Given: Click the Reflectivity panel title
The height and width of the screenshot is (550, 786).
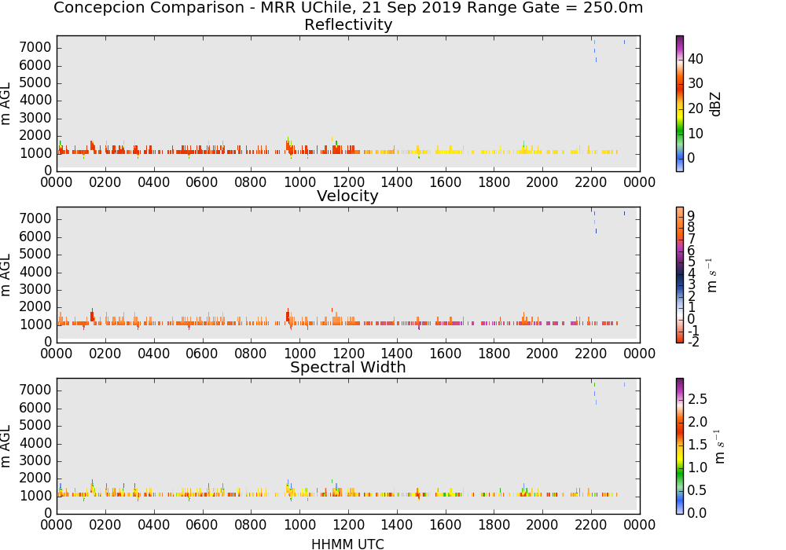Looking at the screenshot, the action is click(x=348, y=24).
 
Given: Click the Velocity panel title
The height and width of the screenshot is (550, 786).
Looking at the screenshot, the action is click(x=347, y=196).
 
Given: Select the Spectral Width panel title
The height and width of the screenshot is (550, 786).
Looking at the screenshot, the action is click(x=348, y=367).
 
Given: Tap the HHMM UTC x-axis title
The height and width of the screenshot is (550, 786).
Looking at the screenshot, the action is click(x=347, y=544).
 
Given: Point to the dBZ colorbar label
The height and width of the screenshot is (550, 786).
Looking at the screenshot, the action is click(x=715, y=104).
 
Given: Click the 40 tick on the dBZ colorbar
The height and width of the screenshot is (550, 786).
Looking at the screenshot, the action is click(x=696, y=59).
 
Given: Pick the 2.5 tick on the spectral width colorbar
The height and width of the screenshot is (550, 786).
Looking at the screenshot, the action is click(x=697, y=399).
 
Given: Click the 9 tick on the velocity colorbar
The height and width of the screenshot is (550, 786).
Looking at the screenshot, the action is click(x=691, y=216).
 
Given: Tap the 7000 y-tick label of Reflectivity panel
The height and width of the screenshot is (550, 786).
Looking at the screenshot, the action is click(x=35, y=48).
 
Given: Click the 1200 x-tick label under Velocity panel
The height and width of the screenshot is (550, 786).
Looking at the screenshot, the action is click(x=348, y=354).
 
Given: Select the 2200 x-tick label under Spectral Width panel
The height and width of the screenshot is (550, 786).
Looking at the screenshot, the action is click(x=590, y=525).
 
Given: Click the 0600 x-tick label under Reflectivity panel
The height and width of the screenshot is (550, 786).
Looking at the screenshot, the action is click(x=201, y=182).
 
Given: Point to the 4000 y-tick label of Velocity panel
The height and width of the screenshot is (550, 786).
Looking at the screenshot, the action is click(x=35, y=272).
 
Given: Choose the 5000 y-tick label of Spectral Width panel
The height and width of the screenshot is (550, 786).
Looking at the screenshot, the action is click(x=35, y=426).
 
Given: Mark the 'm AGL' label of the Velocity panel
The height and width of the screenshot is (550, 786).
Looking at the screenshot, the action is click(x=6, y=275).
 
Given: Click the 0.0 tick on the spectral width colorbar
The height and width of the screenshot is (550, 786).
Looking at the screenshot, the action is click(x=697, y=513).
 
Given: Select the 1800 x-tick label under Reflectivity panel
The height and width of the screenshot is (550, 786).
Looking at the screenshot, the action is click(x=494, y=182).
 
